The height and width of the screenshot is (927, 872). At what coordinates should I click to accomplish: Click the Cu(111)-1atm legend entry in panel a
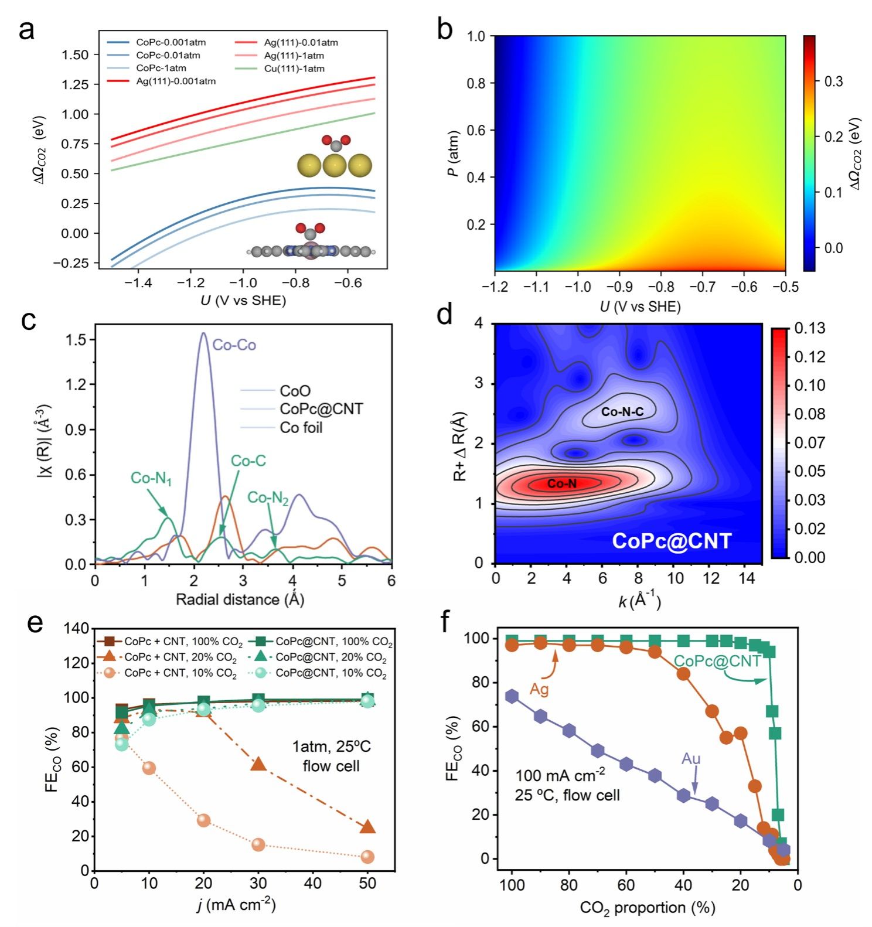pos(294,69)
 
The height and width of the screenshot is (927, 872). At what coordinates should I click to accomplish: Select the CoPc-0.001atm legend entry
pos(171,42)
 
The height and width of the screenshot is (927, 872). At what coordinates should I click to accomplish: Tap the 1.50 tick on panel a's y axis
pos(76,55)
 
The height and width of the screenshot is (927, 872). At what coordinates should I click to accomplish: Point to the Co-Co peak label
pos(234,345)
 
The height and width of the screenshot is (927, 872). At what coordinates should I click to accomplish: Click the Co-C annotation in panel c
pos(248,461)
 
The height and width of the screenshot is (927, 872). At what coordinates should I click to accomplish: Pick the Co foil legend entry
pos(301,428)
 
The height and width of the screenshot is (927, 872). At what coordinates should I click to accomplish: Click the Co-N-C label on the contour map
pos(622,412)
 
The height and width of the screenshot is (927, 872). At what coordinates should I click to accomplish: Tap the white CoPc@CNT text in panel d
pos(672,541)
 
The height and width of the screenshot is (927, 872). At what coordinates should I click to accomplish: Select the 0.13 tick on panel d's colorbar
pos(809,328)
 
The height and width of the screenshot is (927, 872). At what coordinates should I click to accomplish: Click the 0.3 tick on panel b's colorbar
pos(833,81)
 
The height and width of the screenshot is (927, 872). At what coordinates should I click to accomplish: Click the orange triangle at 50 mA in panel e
pos(367,827)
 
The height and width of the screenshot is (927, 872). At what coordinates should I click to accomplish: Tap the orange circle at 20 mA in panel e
pos(203,820)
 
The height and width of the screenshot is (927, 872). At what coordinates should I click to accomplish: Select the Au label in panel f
pos(691,759)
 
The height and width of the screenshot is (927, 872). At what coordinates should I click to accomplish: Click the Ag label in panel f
pos(539,689)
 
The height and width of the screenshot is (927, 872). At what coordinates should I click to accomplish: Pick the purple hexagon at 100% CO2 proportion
pos(512,696)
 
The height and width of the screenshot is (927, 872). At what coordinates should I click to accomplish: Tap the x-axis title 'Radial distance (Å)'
pos(240,599)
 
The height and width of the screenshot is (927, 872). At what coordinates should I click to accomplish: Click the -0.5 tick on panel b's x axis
pos(786,287)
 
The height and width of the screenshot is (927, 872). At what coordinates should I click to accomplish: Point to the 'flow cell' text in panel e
pos(331,766)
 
